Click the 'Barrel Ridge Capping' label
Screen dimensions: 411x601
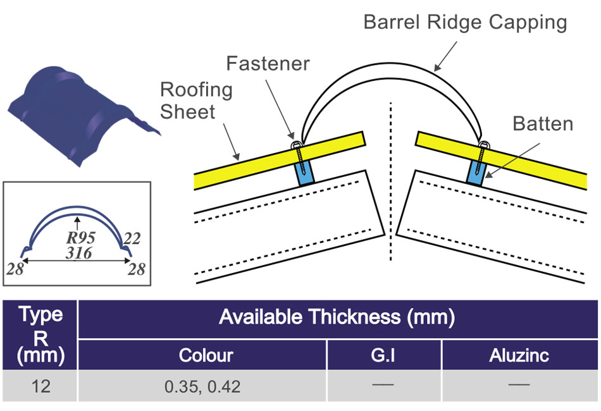[x=465, y=23]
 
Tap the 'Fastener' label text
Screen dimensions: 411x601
[x=268, y=63]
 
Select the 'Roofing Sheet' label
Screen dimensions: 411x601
[x=196, y=101]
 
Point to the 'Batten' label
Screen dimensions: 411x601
[x=543, y=123]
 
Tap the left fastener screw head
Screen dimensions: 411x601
[x=295, y=146]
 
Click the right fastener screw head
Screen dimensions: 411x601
[x=485, y=146]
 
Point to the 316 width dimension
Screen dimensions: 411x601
[x=78, y=253]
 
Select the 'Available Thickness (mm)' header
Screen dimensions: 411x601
[x=337, y=317]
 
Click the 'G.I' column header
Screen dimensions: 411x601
[x=383, y=355]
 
